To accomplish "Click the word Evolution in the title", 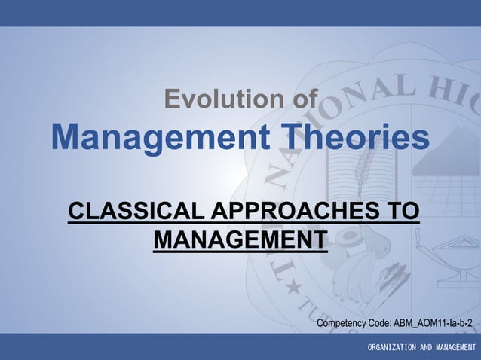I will click(x=222, y=99).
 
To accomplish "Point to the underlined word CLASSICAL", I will click(x=136, y=212).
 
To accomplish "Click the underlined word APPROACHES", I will click(x=300, y=212).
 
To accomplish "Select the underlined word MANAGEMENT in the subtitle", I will click(x=240, y=239).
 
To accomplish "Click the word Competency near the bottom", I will click(x=345, y=323).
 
